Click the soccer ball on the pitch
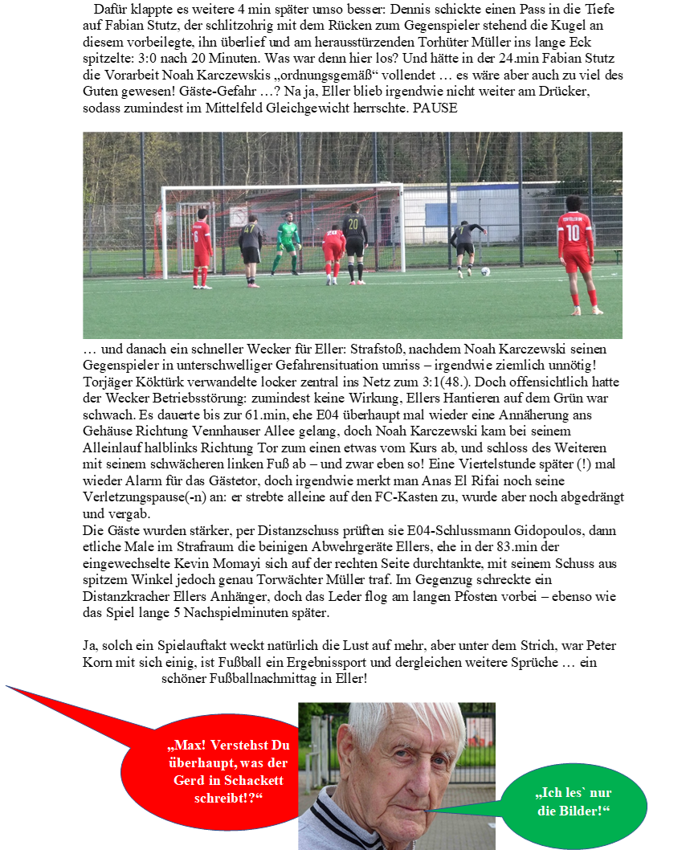(485, 272)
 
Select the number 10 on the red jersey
(573, 232)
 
